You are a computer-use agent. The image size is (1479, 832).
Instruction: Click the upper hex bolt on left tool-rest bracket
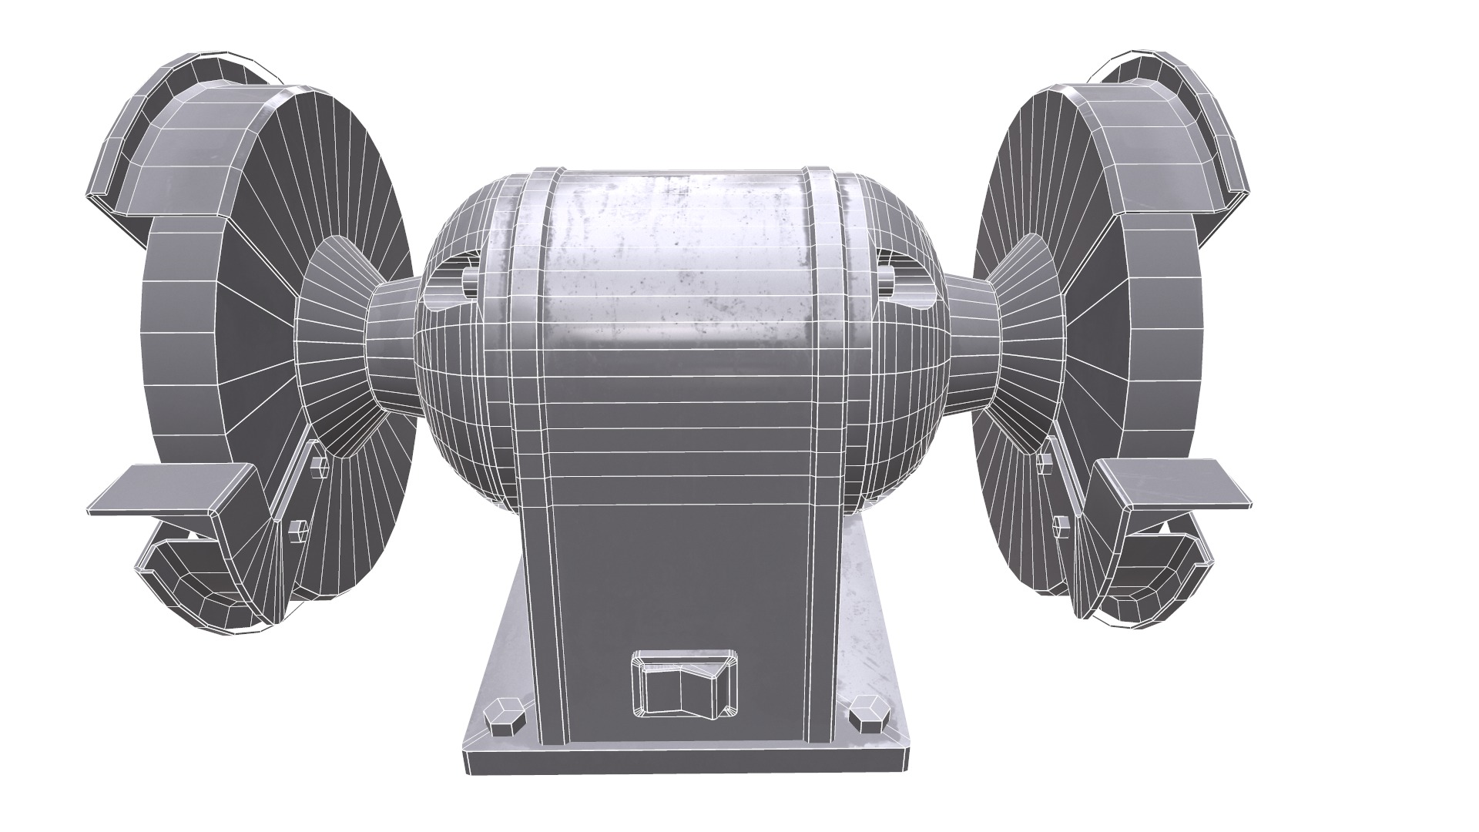[317, 466]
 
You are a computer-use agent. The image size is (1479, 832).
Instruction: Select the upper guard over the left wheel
[193, 146]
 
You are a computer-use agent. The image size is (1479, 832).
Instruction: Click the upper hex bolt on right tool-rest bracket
[1046, 462]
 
